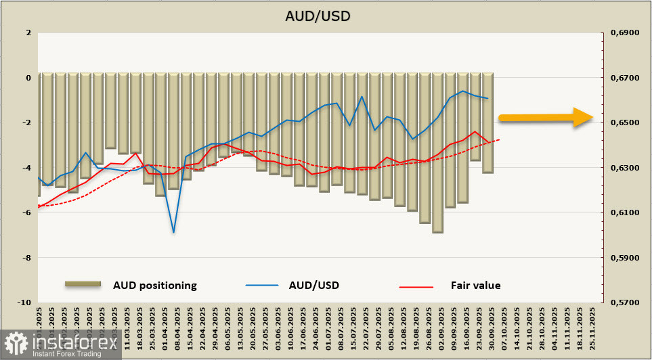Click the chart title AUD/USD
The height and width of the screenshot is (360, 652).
pyautogui.click(x=326, y=16)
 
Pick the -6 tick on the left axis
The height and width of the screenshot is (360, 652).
pyautogui.click(x=26, y=212)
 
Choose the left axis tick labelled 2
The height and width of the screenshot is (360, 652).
pyautogui.click(x=28, y=32)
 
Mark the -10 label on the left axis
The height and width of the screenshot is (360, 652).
pyautogui.click(x=24, y=302)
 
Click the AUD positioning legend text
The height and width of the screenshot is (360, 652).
pyautogui.click(x=154, y=286)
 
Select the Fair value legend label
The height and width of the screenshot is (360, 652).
pyautogui.click(x=475, y=286)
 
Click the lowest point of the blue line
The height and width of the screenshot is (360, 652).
pyautogui.click(x=174, y=233)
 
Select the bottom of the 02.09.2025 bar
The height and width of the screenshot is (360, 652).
pyautogui.click(x=437, y=232)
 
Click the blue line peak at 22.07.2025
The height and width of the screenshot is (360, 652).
pyautogui.click(x=362, y=96)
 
